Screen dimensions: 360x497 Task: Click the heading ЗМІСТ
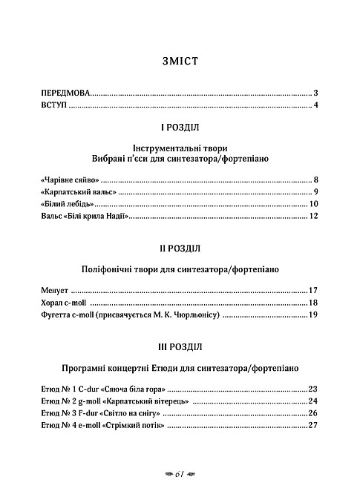[180, 62]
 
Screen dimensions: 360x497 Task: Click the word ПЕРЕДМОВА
[65, 93]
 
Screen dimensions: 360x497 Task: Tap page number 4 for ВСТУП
[315, 106]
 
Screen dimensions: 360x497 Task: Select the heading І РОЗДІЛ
[180, 127]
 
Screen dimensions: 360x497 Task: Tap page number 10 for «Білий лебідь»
[313, 204]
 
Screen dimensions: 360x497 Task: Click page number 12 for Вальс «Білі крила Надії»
[313, 217]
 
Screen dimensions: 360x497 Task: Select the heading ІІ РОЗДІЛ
[180, 247]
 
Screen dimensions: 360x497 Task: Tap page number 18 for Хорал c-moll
[313, 303]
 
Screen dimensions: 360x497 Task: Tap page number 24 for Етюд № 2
[313, 401]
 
